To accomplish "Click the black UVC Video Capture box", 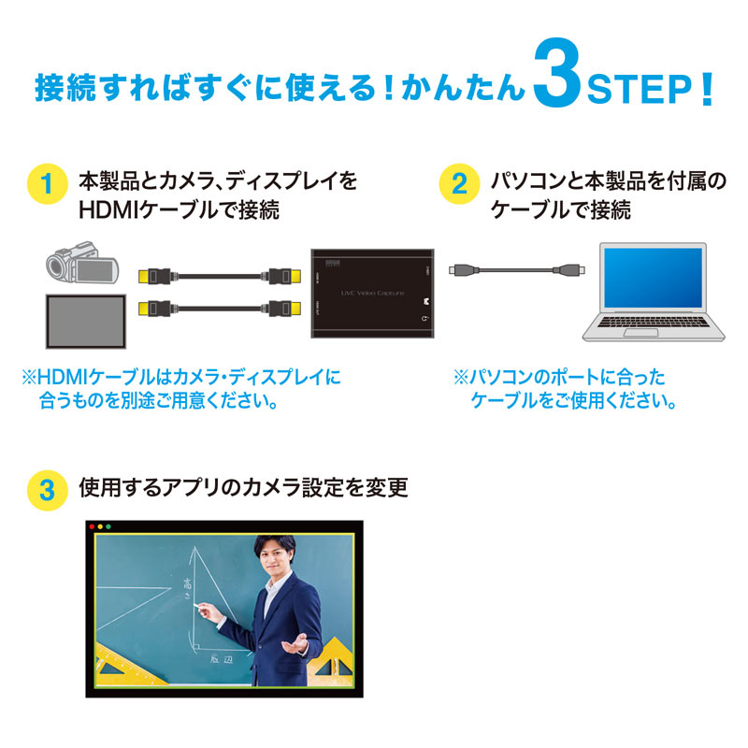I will tap(373, 291).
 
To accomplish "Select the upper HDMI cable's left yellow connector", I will tap(152, 277).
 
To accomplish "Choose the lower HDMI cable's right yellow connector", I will tap(283, 307).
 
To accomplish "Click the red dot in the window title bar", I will tap(92, 527).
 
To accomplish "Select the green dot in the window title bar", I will tap(109, 527).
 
